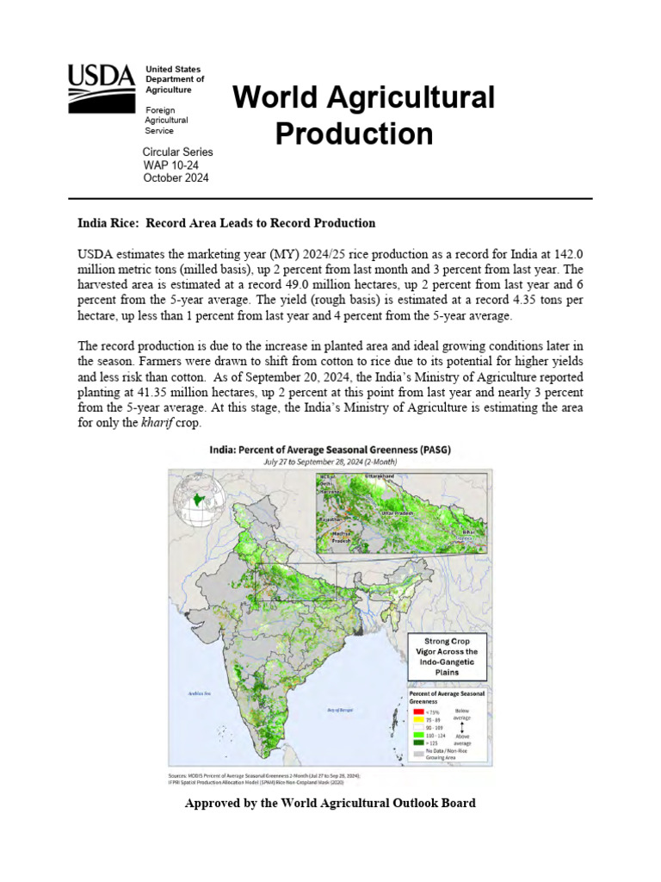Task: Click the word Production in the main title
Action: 354,134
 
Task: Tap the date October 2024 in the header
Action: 176,178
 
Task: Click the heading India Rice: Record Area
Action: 226,223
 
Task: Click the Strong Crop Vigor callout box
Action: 446,658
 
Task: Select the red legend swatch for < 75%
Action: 417,711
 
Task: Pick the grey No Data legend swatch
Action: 417,755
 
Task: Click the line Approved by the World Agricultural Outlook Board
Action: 330,803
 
